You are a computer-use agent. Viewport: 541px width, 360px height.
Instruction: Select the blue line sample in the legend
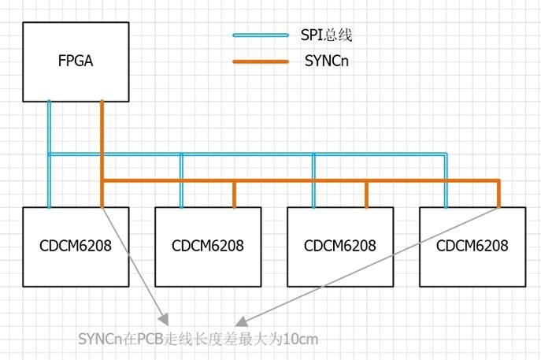tap(261, 35)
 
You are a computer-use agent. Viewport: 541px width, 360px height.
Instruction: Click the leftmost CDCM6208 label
tap(75, 245)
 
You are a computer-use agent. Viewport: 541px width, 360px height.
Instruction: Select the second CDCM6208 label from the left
tap(207, 245)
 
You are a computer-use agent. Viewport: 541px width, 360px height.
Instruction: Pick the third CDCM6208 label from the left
tap(339, 245)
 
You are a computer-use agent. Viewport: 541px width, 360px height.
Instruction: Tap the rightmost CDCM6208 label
tap(472, 245)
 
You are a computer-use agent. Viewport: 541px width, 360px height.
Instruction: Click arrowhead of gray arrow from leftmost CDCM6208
tap(165, 319)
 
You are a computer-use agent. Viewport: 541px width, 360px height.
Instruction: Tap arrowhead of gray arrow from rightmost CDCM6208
tap(243, 322)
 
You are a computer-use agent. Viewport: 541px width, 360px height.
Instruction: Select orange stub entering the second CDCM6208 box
tap(234, 194)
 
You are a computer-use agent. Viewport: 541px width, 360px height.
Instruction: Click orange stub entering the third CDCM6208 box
tap(366, 194)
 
